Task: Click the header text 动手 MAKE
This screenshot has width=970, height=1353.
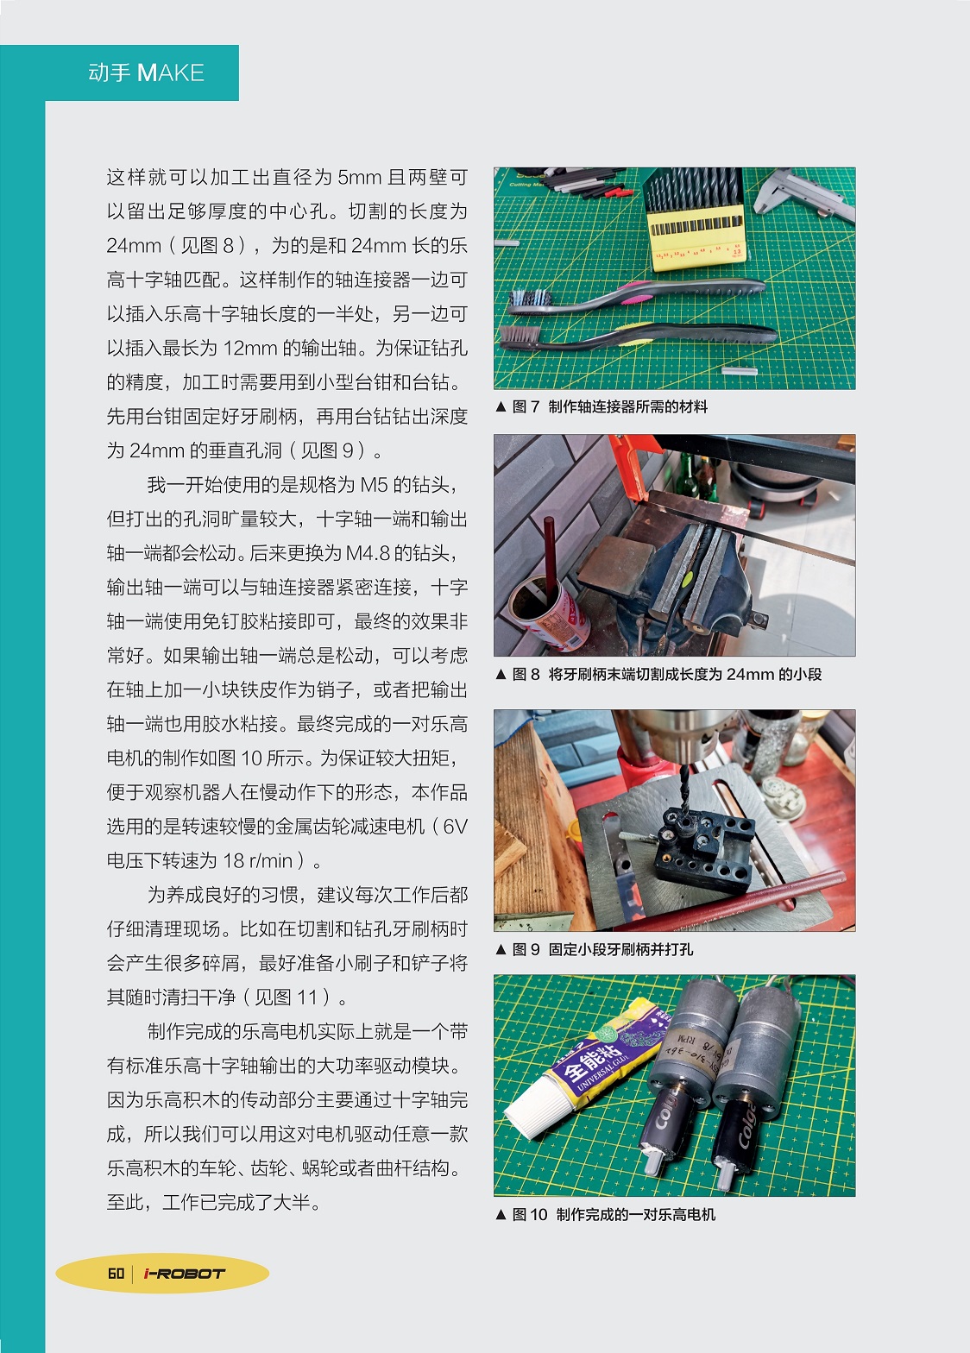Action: coord(146,73)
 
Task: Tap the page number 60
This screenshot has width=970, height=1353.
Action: coord(116,1274)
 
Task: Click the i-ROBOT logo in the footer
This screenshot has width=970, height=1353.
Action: coord(184,1274)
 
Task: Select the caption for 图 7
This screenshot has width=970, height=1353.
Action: coord(602,406)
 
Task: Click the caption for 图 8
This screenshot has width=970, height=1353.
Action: coord(658,674)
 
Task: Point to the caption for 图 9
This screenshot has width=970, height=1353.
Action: coord(595,949)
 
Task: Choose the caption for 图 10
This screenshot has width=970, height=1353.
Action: coord(605,1214)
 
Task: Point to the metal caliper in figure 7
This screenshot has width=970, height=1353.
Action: coord(804,194)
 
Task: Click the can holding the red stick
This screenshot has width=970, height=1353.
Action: coord(548,610)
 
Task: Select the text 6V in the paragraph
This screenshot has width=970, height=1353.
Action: coord(455,827)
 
